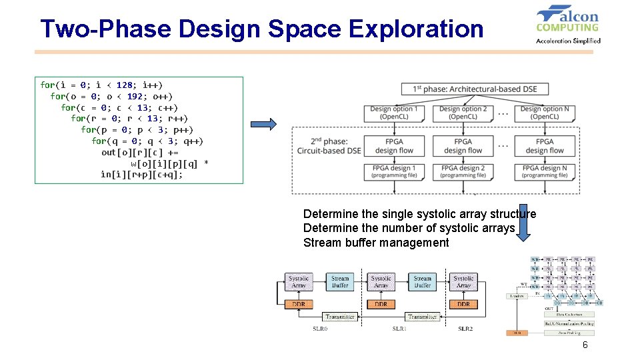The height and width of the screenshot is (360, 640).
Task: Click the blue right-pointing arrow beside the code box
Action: tap(263, 125)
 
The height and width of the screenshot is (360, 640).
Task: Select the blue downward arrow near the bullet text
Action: tap(523, 223)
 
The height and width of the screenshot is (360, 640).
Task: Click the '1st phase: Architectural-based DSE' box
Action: tap(475, 89)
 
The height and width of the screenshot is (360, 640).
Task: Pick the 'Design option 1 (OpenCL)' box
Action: tap(394, 113)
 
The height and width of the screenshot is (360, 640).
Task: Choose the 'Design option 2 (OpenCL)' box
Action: tap(463, 113)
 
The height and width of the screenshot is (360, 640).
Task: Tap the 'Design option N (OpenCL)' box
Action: tap(545, 113)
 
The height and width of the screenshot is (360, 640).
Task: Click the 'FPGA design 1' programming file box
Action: tap(394, 171)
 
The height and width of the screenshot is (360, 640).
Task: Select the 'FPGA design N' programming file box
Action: tap(545, 171)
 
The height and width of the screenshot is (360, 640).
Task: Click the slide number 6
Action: tap(585, 345)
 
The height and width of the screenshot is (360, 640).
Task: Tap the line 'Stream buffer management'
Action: tap(376, 243)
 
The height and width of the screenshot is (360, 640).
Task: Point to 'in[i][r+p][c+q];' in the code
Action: tap(141, 175)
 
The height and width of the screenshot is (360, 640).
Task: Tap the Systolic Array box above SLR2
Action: tap(463, 281)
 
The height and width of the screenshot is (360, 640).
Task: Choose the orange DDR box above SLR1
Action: tap(381, 304)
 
